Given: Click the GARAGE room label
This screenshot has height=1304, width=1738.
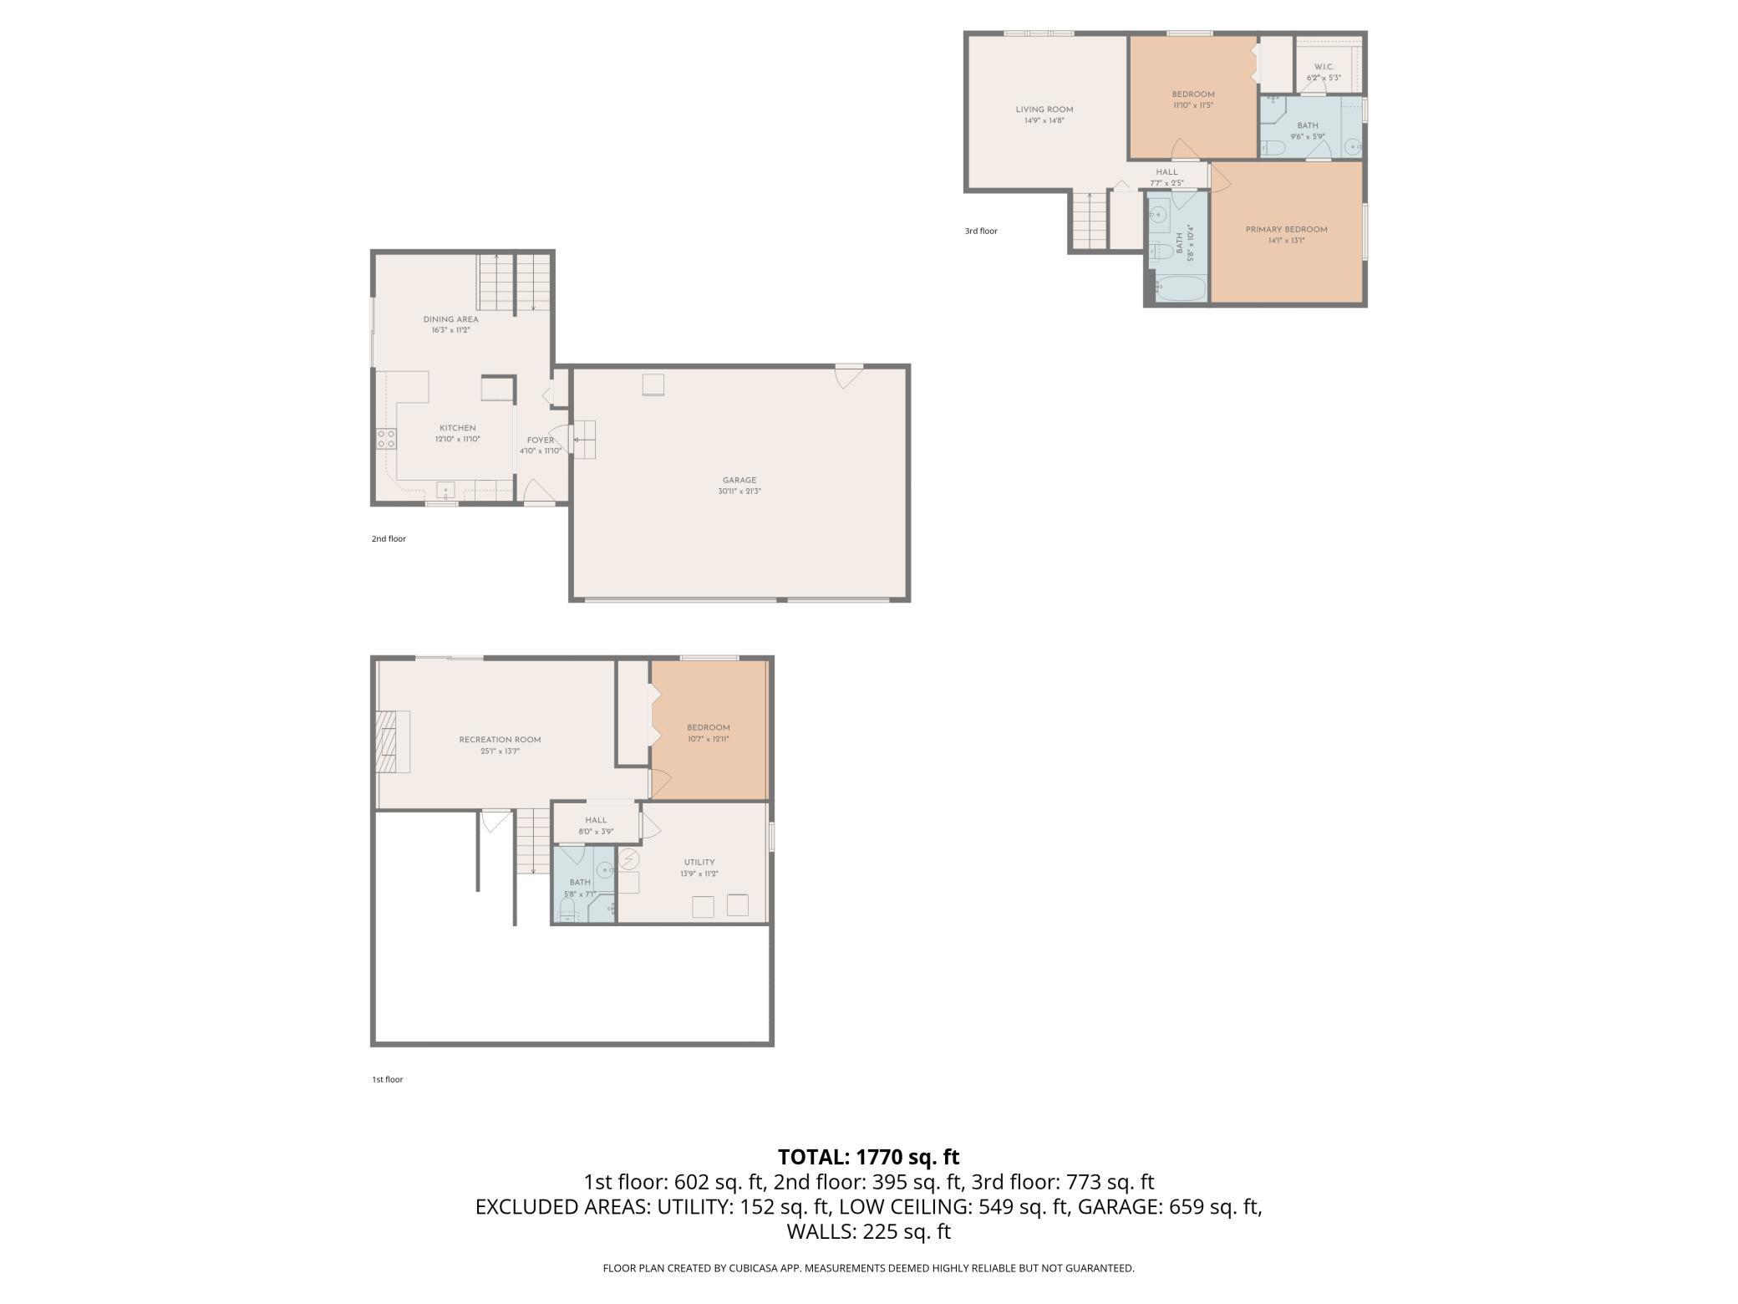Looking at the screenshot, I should pyautogui.click(x=739, y=480).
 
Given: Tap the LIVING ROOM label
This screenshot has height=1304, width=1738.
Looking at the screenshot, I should pyautogui.click(x=1044, y=110).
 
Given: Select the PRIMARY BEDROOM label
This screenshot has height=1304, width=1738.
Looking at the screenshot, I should pyautogui.click(x=1286, y=229).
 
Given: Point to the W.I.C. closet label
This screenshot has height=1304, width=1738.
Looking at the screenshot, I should pyautogui.click(x=1324, y=67).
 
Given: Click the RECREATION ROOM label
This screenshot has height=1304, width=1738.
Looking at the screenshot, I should pyautogui.click(x=500, y=739).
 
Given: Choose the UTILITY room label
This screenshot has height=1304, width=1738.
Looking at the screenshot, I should pyautogui.click(x=699, y=862).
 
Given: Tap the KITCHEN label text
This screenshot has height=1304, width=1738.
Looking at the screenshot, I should pyautogui.click(x=457, y=428).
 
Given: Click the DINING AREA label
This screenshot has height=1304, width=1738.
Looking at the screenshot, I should pyautogui.click(x=450, y=319).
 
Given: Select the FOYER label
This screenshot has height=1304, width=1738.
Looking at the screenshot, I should pyautogui.click(x=540, y=440).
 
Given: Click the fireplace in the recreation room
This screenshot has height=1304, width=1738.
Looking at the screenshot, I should pyautogui.click(x=392, y=741).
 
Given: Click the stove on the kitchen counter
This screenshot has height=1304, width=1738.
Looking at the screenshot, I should pyautogui.click(x=385, y=438).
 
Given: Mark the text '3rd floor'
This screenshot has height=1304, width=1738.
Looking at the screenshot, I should pyautogui.click(x=980, y=231).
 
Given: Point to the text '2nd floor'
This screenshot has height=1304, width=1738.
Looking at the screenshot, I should pyautogui.click(x=389, y=538).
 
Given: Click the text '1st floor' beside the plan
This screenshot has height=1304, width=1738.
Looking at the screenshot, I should pyautogui.click(x=387, y=1079).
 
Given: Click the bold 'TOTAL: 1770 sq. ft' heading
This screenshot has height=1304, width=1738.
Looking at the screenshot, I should pyautogui.click(x=868, y=1157).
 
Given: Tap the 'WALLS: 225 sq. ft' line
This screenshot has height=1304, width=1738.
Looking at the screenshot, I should pyautogui.click(x=868, y=1231).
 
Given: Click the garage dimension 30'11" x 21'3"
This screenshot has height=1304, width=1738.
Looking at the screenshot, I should pyautogui.click(x=739, y=492).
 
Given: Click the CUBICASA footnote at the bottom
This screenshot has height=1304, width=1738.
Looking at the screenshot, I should pyautogui.click(x=868, y=1268).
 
